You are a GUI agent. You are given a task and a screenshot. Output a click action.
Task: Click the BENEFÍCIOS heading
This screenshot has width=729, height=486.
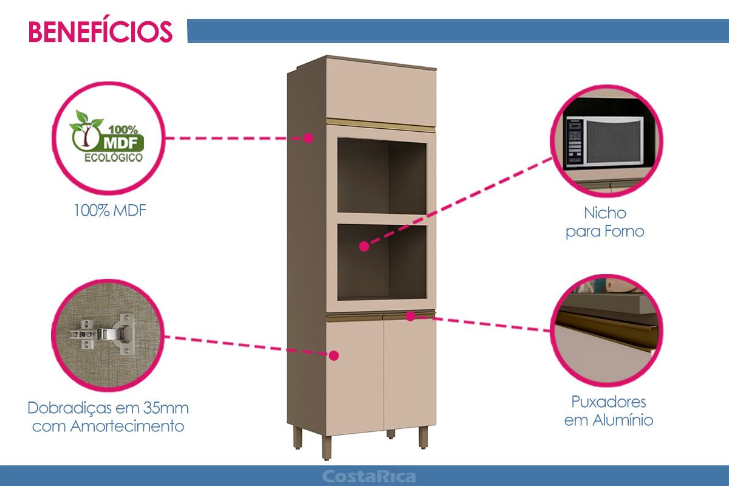[x=100, y=32]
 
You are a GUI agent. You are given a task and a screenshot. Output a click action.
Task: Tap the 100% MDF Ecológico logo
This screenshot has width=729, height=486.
[x=108, y=136]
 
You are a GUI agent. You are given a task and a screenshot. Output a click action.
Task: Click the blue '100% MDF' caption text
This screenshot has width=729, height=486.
[x=110, y=211]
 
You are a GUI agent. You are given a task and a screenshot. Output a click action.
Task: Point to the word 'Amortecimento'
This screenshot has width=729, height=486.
[x=127, y=426]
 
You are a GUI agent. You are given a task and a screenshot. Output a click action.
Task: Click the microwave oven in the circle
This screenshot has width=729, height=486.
[x=604, y=142]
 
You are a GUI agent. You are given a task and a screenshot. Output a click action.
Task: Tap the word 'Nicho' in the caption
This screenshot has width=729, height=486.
[x=605, y=213]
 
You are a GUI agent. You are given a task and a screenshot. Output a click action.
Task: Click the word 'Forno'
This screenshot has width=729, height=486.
[x=625, y=231]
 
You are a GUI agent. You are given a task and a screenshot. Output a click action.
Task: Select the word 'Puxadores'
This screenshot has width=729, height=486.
[x=609, y=402]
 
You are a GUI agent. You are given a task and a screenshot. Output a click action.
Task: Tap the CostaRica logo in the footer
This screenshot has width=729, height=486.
[x=369, y=476]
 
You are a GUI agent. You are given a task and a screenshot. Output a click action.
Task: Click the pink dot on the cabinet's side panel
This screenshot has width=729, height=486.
[x=308, y=138]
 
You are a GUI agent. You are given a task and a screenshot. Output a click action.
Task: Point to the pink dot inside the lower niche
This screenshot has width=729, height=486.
[x=364, y=247]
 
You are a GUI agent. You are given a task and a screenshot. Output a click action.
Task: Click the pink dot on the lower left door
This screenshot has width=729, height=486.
[x=334, y=355]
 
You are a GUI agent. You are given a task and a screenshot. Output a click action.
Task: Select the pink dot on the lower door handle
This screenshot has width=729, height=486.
[x=411, y=316]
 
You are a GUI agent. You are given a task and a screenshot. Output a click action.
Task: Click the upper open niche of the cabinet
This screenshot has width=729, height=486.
[x=382, y=176]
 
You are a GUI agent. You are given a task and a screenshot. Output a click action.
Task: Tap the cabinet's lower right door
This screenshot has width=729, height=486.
[x=409, y=374]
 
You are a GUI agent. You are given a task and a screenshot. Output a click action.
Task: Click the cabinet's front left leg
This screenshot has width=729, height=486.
[x=326, y=446]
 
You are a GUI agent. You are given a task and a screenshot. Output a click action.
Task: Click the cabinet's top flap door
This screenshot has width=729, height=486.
[x=381, y=92]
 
